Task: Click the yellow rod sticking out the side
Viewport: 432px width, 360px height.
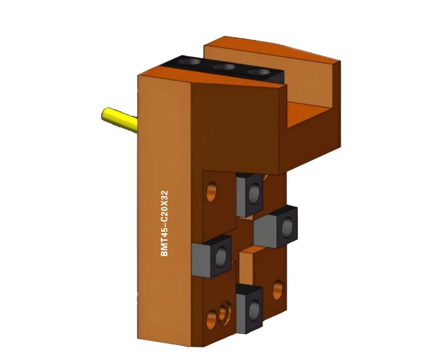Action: [x=120, y=120]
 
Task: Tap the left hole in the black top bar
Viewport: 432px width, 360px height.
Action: [x=189, y=61]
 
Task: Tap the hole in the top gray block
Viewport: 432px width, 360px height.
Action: [x=254, y=194]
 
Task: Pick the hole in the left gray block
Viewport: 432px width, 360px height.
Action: [x=221, y=256]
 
